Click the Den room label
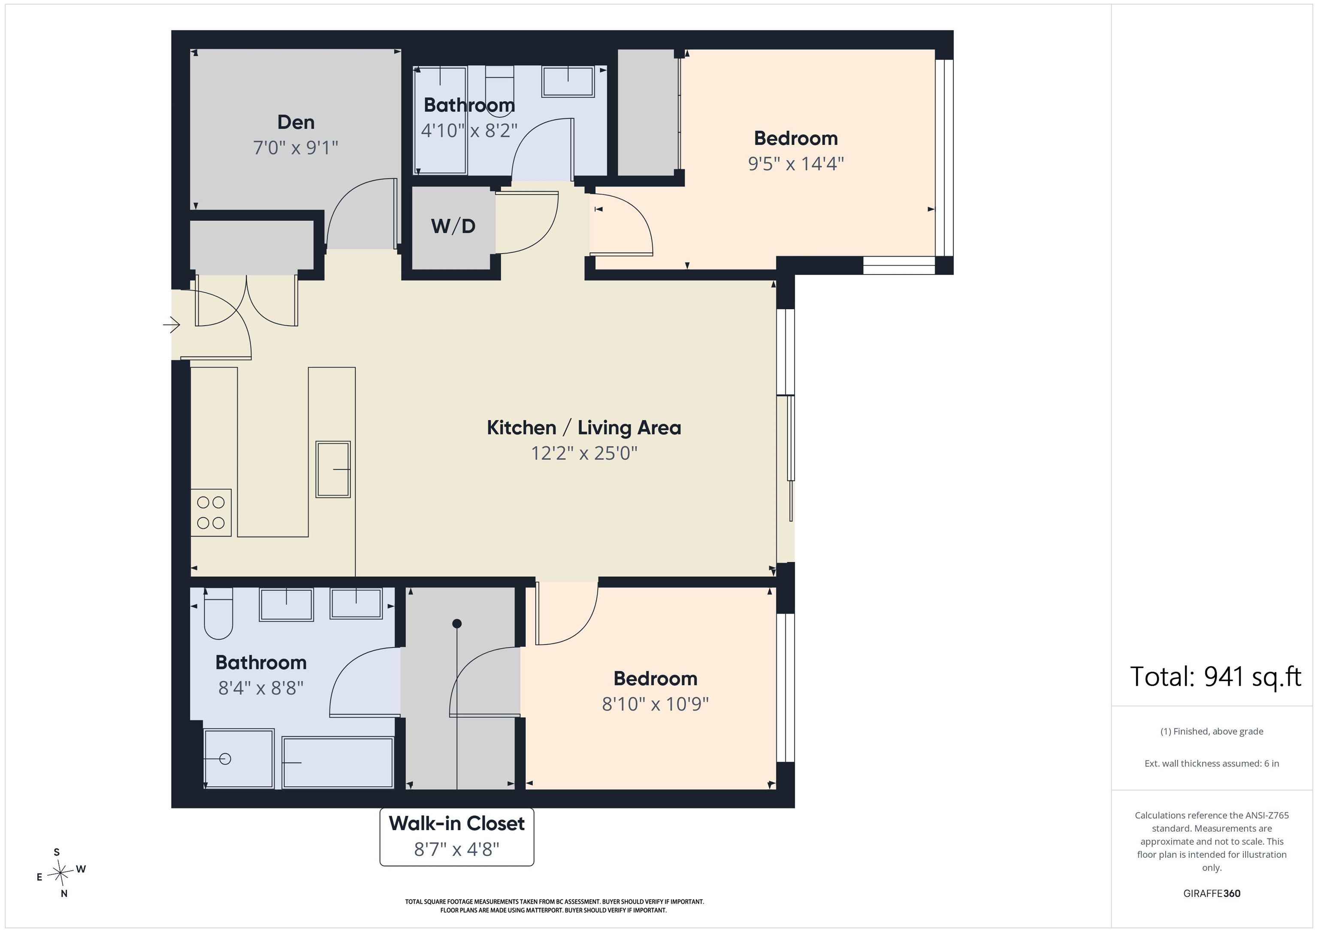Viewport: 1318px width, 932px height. pyautogui.click(x=296, y=122)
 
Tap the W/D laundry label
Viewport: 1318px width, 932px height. pyautogui.click(x=453, y=226)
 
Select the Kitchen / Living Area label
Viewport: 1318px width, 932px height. pyautogui.click(x=584, y=428)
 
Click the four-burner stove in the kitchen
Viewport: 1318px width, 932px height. pyautogui.click(x=211, y=513)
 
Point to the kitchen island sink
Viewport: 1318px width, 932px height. pyautogui.click(x=333, y=470)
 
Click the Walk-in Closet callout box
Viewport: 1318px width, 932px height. pyautogui.click(x=457, y=836)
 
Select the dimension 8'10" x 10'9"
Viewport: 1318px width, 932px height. pyautogui.click(x=655, y=704)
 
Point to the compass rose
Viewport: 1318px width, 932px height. pyautogui.click(x=60, y=873)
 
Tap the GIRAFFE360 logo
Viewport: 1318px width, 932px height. pyautogui.click(x=1212, y=893)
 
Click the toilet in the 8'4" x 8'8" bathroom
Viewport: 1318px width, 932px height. pyautogui.click(x=218, y=613)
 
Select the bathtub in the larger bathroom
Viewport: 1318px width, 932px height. pyautogui.click(x=338, y=763)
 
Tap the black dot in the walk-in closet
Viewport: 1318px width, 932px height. pyautogui.click(x=457, y=623)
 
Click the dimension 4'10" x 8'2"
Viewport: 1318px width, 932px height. pyautogui.click(x=469, y=131)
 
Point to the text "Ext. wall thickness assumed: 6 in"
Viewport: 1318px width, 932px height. pyautogui.click(x=1212, y=763)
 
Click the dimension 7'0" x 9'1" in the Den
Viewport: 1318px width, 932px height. pyautogui.click(x=296, y=148)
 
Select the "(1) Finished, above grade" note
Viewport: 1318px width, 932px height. pyautogui.click(x=1212, y=731)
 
